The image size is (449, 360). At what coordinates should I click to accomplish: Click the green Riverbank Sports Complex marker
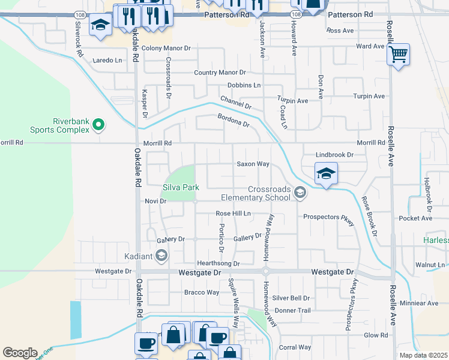point(99,125)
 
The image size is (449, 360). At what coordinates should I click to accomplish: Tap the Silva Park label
point(181,187)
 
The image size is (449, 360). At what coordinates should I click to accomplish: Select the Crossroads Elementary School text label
point(256,193)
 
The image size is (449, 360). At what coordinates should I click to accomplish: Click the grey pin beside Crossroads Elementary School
point(300,192)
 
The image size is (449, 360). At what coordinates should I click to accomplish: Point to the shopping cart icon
point(398,56)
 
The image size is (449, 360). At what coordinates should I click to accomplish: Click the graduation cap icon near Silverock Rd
point(100,25)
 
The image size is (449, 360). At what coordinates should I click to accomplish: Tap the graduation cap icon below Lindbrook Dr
point(326,174)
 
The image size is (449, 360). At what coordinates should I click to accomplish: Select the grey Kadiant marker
point(161,256)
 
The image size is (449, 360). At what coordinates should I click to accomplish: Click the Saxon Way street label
point(252,164)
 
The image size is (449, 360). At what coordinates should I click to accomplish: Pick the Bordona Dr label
point(233,120)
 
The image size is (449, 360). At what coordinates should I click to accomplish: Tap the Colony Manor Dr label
point(166,47)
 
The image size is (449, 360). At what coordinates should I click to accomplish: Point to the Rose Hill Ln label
point(233,214)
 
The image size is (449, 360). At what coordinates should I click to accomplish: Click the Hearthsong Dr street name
point(218,263)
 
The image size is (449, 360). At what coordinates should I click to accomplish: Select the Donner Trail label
point(292,311)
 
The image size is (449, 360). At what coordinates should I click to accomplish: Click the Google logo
point(20,352)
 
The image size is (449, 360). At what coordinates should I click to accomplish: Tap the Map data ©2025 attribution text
point(423,355)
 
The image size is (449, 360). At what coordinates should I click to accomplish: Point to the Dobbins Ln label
point(244,85)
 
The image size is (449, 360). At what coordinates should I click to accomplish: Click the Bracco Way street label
point(201,293)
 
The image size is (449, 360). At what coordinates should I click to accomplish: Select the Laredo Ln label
point(107,60)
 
